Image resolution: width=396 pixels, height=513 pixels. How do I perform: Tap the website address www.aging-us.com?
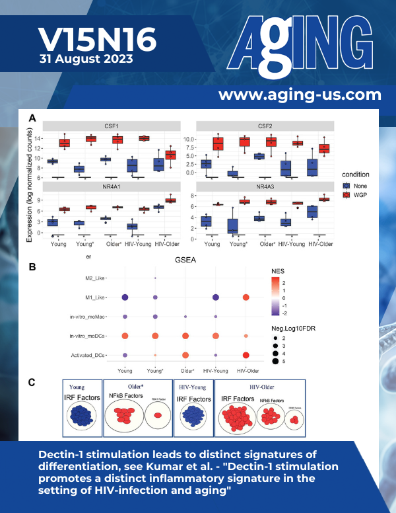click(300, 95)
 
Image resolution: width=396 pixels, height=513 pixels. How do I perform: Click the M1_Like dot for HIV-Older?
click(246, 297)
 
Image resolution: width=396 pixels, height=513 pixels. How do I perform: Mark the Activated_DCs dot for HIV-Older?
click(246, 356)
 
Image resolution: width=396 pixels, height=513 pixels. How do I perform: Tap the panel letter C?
click(32, 382)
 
